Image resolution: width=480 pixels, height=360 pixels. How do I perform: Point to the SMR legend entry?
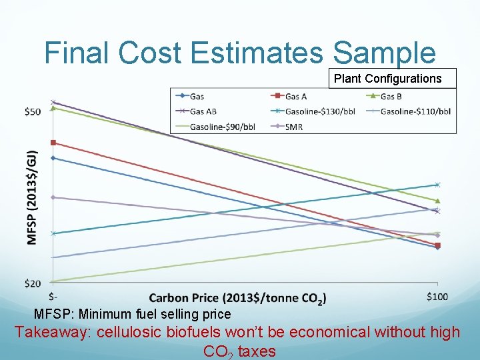point(293,126)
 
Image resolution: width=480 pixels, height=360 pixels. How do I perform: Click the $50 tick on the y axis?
point(32,111)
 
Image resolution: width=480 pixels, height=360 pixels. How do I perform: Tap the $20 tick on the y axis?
point(32,283)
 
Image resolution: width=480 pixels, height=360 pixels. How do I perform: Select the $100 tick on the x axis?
point(437,296)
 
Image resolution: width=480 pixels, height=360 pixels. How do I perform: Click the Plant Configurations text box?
point(387,79)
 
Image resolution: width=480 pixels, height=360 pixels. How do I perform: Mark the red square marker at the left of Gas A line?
point(53,143)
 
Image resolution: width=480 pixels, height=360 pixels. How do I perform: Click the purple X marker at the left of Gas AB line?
point(53,102)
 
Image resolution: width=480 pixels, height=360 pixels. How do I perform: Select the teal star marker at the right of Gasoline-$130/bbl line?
point(437,185)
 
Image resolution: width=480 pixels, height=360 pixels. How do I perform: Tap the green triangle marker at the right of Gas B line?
point(437,201)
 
